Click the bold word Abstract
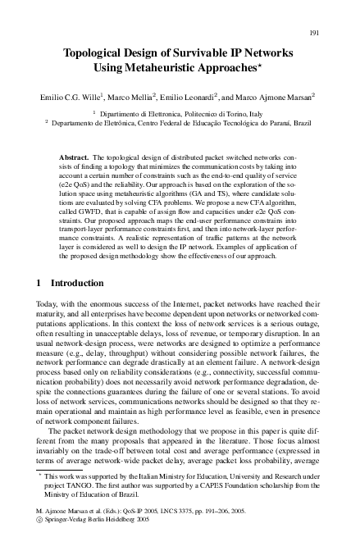[x=75, y=156]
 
